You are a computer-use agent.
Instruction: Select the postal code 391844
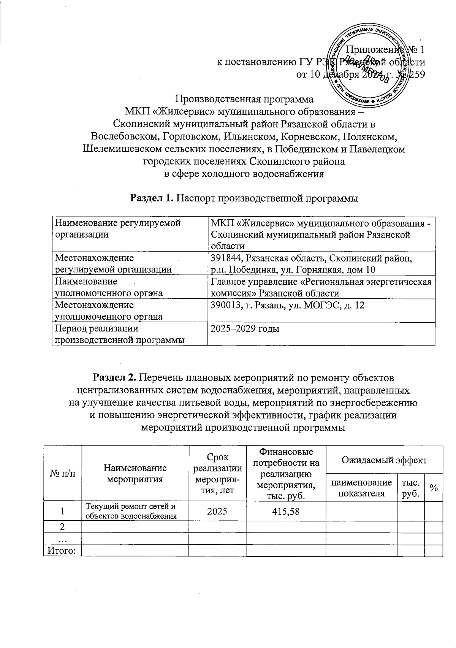point(226,258)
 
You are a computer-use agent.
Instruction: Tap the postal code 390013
point(226,305)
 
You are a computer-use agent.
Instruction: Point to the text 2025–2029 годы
point(245,329)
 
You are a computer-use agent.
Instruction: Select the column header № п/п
point(63,474)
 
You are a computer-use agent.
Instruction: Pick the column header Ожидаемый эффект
point(384,460)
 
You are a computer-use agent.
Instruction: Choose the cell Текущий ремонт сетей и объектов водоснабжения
point(131,511)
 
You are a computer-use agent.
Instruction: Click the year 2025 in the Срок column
point(217,511)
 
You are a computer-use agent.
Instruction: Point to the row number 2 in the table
point(63,527)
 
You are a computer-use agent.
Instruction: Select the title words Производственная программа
point(244,100)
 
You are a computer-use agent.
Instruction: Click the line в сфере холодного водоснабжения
point(244,174)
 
